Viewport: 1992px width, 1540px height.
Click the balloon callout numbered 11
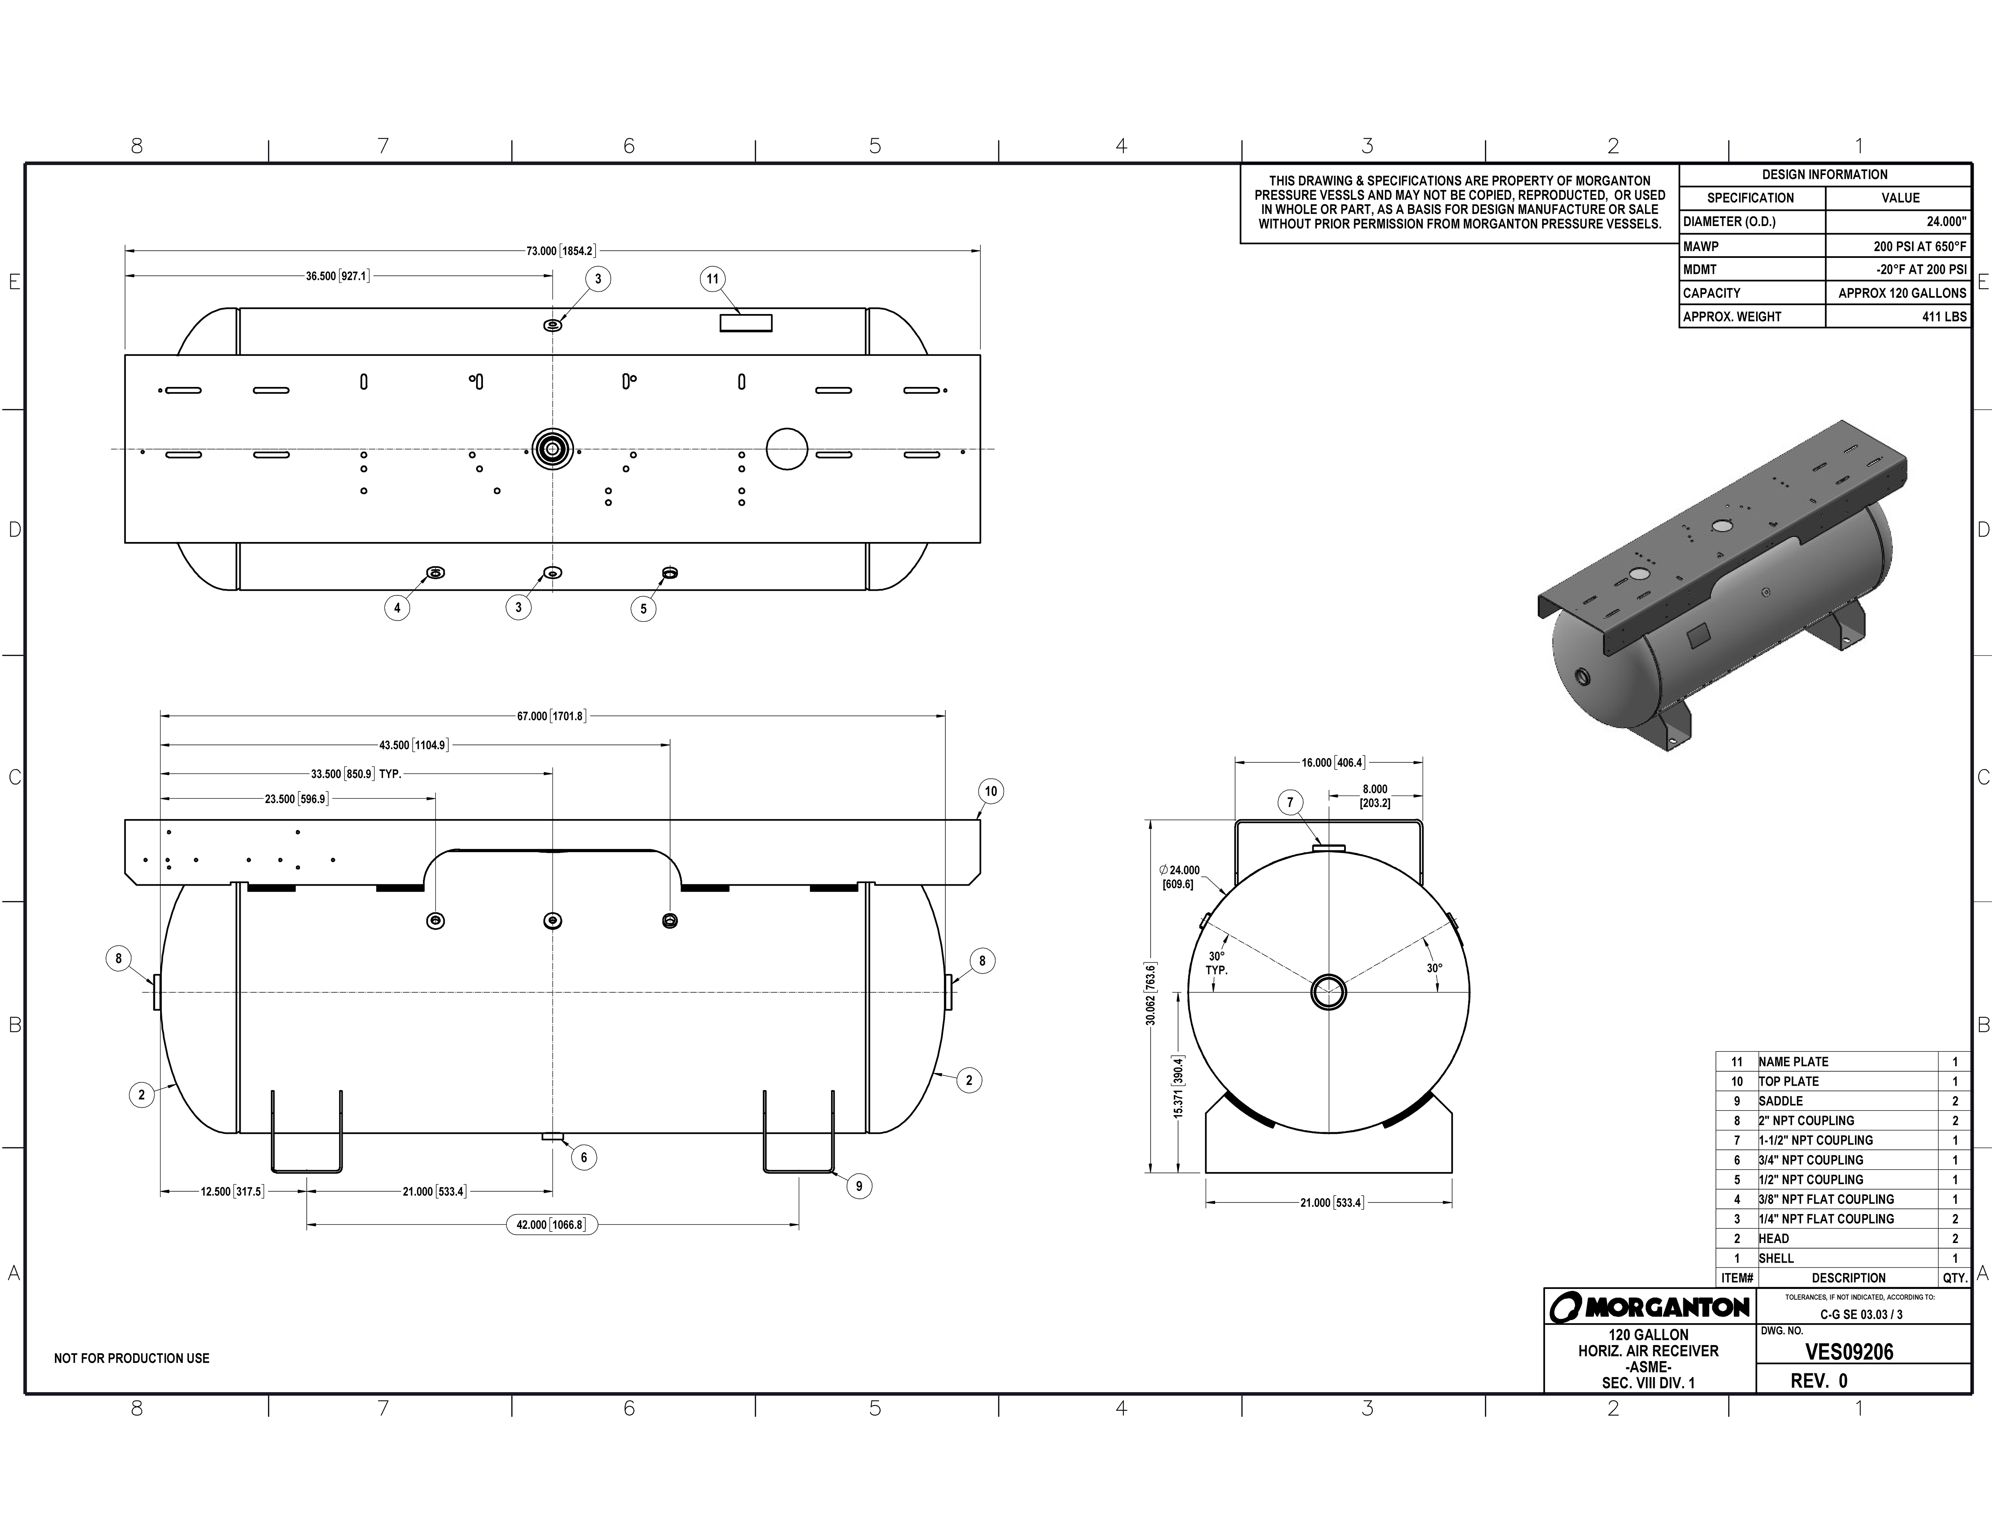tap(712, 279)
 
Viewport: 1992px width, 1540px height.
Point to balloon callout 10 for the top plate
tap(990, 791)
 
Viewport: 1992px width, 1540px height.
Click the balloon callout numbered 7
tap(1290, 803)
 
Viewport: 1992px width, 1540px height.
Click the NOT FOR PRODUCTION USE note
tap(131, 1358)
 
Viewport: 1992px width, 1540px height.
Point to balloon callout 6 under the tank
tap(584, 1158)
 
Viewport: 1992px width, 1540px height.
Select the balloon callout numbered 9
tap(858, 1186)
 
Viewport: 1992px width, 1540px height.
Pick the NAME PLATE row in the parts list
tap(1793, 1062)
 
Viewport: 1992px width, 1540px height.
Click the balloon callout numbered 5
tap(643, 609)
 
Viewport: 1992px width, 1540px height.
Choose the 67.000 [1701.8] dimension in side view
tap(551, 716)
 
